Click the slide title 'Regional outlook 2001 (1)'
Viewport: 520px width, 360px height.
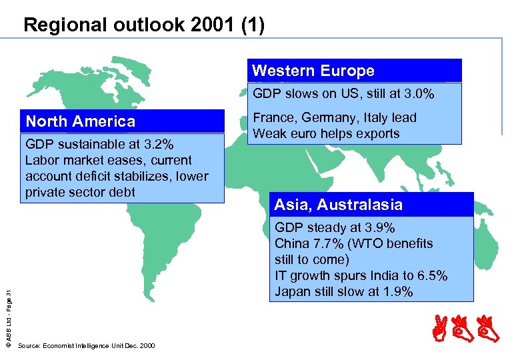tap(143, 25)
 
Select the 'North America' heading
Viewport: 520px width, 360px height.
tap(80, 121)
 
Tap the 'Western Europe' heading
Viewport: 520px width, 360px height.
tap(313, 71)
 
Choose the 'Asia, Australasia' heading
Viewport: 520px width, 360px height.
tap(339, 205)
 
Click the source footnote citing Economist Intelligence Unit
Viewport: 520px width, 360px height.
tap(87, 346)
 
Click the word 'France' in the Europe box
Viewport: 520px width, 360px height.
tap(273, 118)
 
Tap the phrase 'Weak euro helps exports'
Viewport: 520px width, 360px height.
tap(326, 133)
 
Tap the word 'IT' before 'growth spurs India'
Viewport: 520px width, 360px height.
tap(280, 276)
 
